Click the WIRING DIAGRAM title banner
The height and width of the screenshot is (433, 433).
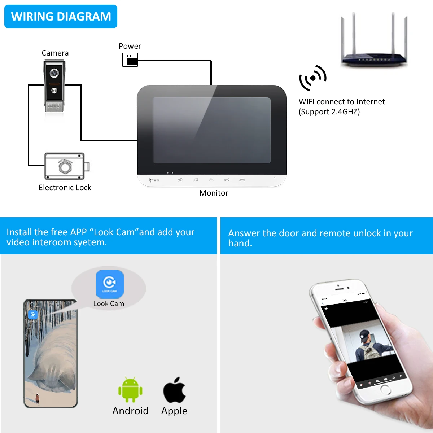[x=61, y=17]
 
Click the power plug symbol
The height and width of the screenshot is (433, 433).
[x=130, y=60]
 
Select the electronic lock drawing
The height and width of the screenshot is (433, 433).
[x=65, y=166]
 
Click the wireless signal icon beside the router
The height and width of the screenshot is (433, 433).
[x=312, y=78]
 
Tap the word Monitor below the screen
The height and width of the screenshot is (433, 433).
[x=214, y=193]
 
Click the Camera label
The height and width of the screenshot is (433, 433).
[x=55, y=53]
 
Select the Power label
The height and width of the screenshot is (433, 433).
[x=130, y=46]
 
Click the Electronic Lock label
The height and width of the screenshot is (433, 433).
[x=65, y=188]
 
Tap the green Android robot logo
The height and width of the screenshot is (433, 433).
[x=130, y=390]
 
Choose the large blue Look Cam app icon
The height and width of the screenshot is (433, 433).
[x=110, y=284]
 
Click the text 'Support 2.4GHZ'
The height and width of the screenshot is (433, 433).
[x=329, y=112]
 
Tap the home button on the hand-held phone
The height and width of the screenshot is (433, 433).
[x=385, y=390]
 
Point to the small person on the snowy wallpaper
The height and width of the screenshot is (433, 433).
[x=37, y=398]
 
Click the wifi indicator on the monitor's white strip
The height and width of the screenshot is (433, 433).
[x=154, y=180]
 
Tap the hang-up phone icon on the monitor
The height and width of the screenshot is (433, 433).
[x=242, y=180]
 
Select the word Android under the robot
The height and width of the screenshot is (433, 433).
[x=130, y=411]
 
